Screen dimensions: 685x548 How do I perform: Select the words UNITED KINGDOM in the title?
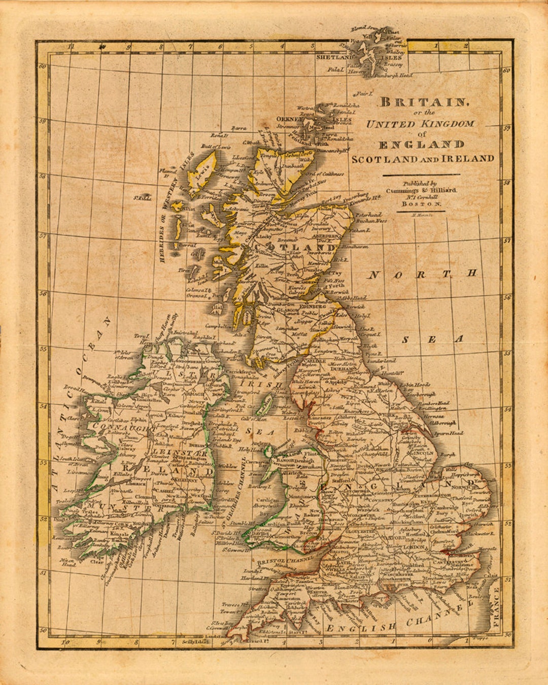click(x=420, y=124)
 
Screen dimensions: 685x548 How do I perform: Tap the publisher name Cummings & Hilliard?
click(x=421, y=190)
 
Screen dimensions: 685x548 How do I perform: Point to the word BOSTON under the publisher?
click(x=421, y=203)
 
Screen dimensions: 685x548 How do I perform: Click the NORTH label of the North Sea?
click(x=422, y=275)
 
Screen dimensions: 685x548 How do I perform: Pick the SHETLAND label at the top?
click(x=334, y=58)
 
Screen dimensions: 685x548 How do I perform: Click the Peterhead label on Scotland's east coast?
click(x=368, y=215)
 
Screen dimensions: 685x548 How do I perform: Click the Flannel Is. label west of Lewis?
click(x=168, y=174)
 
